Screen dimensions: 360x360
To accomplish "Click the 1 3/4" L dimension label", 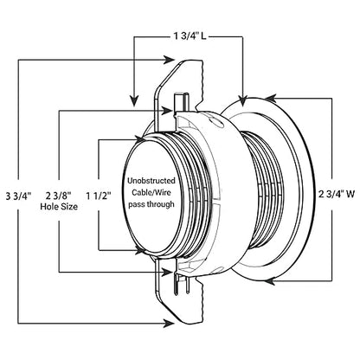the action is click(x=190, y=36).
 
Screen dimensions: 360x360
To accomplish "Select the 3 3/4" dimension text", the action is click(x=18, y=196).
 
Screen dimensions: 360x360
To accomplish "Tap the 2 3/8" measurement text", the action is click(x=59, y=196).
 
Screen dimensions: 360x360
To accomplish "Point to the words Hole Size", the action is click(x=59, y=207).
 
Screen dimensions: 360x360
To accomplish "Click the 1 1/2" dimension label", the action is click(x=99, y=196).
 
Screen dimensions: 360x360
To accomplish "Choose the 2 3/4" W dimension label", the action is click(x=336, y=194).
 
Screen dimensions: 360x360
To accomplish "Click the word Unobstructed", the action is click(x=151, y=181).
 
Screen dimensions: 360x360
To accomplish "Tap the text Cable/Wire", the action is click(x=151, y=192).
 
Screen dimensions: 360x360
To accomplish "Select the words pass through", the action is click(x=151, y=204).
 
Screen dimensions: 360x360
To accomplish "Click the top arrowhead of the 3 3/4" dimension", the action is click(x=169, y=60).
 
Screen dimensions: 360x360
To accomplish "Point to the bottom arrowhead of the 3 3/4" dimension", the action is click(x=169, y=323).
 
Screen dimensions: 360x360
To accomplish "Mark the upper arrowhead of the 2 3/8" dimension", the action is click(x=167, y=110).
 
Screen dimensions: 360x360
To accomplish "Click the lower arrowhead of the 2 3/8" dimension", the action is click(x=167, y=272).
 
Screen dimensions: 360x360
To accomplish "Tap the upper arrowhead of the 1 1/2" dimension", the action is click(x=140, y=140).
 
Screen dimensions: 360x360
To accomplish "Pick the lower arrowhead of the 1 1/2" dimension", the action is click(x=140, y=250).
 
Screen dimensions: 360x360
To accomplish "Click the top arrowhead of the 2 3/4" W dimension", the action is click(x=270, y=99).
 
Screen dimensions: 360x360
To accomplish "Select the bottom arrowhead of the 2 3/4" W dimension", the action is click(x=270, y=280).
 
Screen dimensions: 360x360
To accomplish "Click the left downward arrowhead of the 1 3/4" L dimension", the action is click(x=133, y=101).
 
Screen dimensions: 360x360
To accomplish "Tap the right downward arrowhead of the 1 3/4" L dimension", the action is click(x=242, y=100).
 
